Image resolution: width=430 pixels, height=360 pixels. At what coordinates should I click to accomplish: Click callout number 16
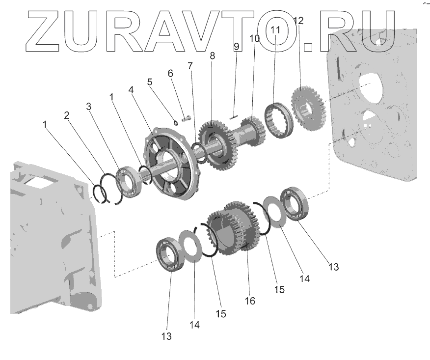250,301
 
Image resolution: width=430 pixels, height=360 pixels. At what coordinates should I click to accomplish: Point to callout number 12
298,21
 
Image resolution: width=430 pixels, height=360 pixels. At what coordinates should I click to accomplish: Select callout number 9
237,46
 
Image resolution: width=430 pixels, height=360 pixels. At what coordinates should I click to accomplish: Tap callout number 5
149,82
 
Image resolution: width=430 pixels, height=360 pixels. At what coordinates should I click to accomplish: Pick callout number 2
67,115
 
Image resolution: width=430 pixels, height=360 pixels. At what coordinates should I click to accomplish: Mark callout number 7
190,66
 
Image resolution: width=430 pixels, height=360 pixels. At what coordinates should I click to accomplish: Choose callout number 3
88,107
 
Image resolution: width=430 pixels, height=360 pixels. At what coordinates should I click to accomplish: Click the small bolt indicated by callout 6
186,119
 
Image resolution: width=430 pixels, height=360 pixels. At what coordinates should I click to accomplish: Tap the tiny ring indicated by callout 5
176,122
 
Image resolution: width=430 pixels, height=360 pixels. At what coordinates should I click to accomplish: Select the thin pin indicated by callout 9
233,118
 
